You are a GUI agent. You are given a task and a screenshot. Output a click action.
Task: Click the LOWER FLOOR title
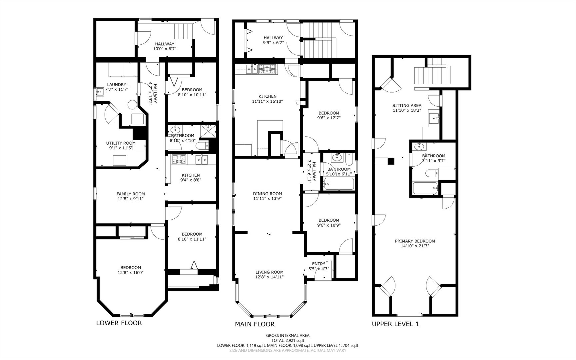[x=119, y=323]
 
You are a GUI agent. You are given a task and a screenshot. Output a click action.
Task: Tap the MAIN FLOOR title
[x=255, y=324]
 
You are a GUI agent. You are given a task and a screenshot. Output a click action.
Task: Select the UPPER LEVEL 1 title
[x=395, y=324]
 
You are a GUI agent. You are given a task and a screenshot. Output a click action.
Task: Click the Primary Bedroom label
[x=415, y=241]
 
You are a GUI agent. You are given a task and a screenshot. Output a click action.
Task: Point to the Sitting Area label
[x=407, y=105]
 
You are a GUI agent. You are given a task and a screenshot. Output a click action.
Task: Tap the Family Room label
[x=131, y=194]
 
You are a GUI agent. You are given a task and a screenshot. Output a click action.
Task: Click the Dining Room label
[x=268, y=193]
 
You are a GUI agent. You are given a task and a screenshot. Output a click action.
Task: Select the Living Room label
[x=270, y=272]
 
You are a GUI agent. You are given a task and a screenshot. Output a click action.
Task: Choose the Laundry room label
[x=117, y=84]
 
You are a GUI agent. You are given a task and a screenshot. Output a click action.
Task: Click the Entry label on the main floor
[x=319, y=264]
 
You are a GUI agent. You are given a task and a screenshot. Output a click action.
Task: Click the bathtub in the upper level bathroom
[x=425, y=188]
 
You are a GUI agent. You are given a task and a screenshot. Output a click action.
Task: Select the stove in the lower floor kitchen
[x=180, y=160]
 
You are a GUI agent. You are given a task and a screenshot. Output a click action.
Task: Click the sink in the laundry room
[x=99, y=91]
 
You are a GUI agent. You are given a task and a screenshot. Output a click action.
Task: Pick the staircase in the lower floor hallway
[x=184, y=31]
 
